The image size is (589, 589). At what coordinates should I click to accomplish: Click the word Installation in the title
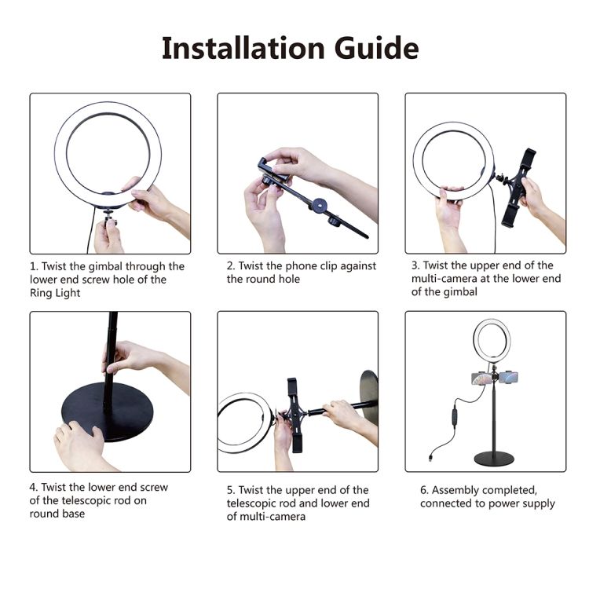coord(243,48)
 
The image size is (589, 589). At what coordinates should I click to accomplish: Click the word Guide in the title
coord(377,48)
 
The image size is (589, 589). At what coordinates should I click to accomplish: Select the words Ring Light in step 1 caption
coord(55,293)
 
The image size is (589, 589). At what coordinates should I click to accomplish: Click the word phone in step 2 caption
coord(301,266)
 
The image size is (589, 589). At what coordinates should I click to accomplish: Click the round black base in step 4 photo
coord(107,412)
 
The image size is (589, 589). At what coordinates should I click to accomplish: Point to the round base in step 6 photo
coord(494,459)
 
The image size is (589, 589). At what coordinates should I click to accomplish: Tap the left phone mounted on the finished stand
coord(481,379)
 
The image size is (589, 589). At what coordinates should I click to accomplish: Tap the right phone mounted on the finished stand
coord(508,377)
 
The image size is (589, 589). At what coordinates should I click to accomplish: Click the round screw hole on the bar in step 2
coord(319,205)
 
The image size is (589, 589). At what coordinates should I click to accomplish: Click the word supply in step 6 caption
coord(538,503)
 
